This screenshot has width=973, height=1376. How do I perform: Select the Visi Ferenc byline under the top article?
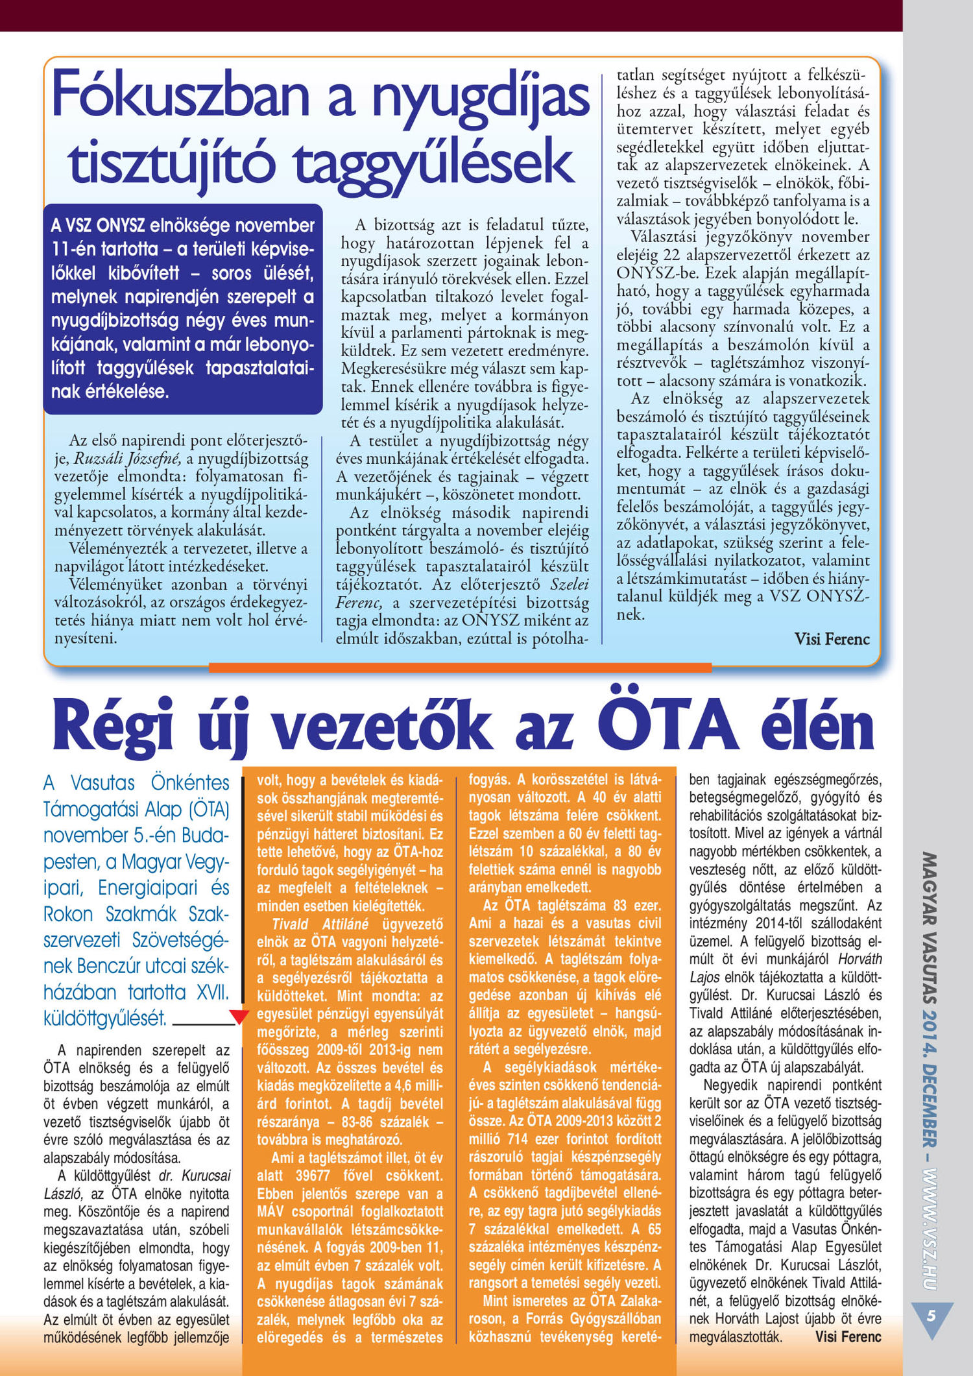click(832, 639)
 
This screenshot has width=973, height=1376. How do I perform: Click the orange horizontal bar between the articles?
click(460, 667)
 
